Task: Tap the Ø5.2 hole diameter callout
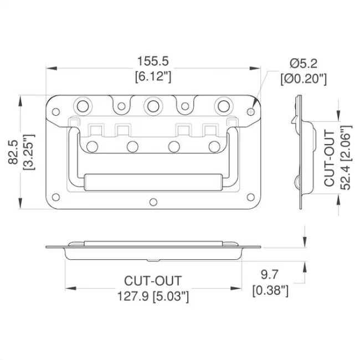point(302,64)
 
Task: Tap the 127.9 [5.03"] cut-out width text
point(153,296)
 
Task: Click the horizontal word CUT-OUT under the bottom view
point(153,282)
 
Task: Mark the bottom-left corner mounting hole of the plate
point(55,196)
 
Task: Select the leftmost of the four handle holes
point(92,146)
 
